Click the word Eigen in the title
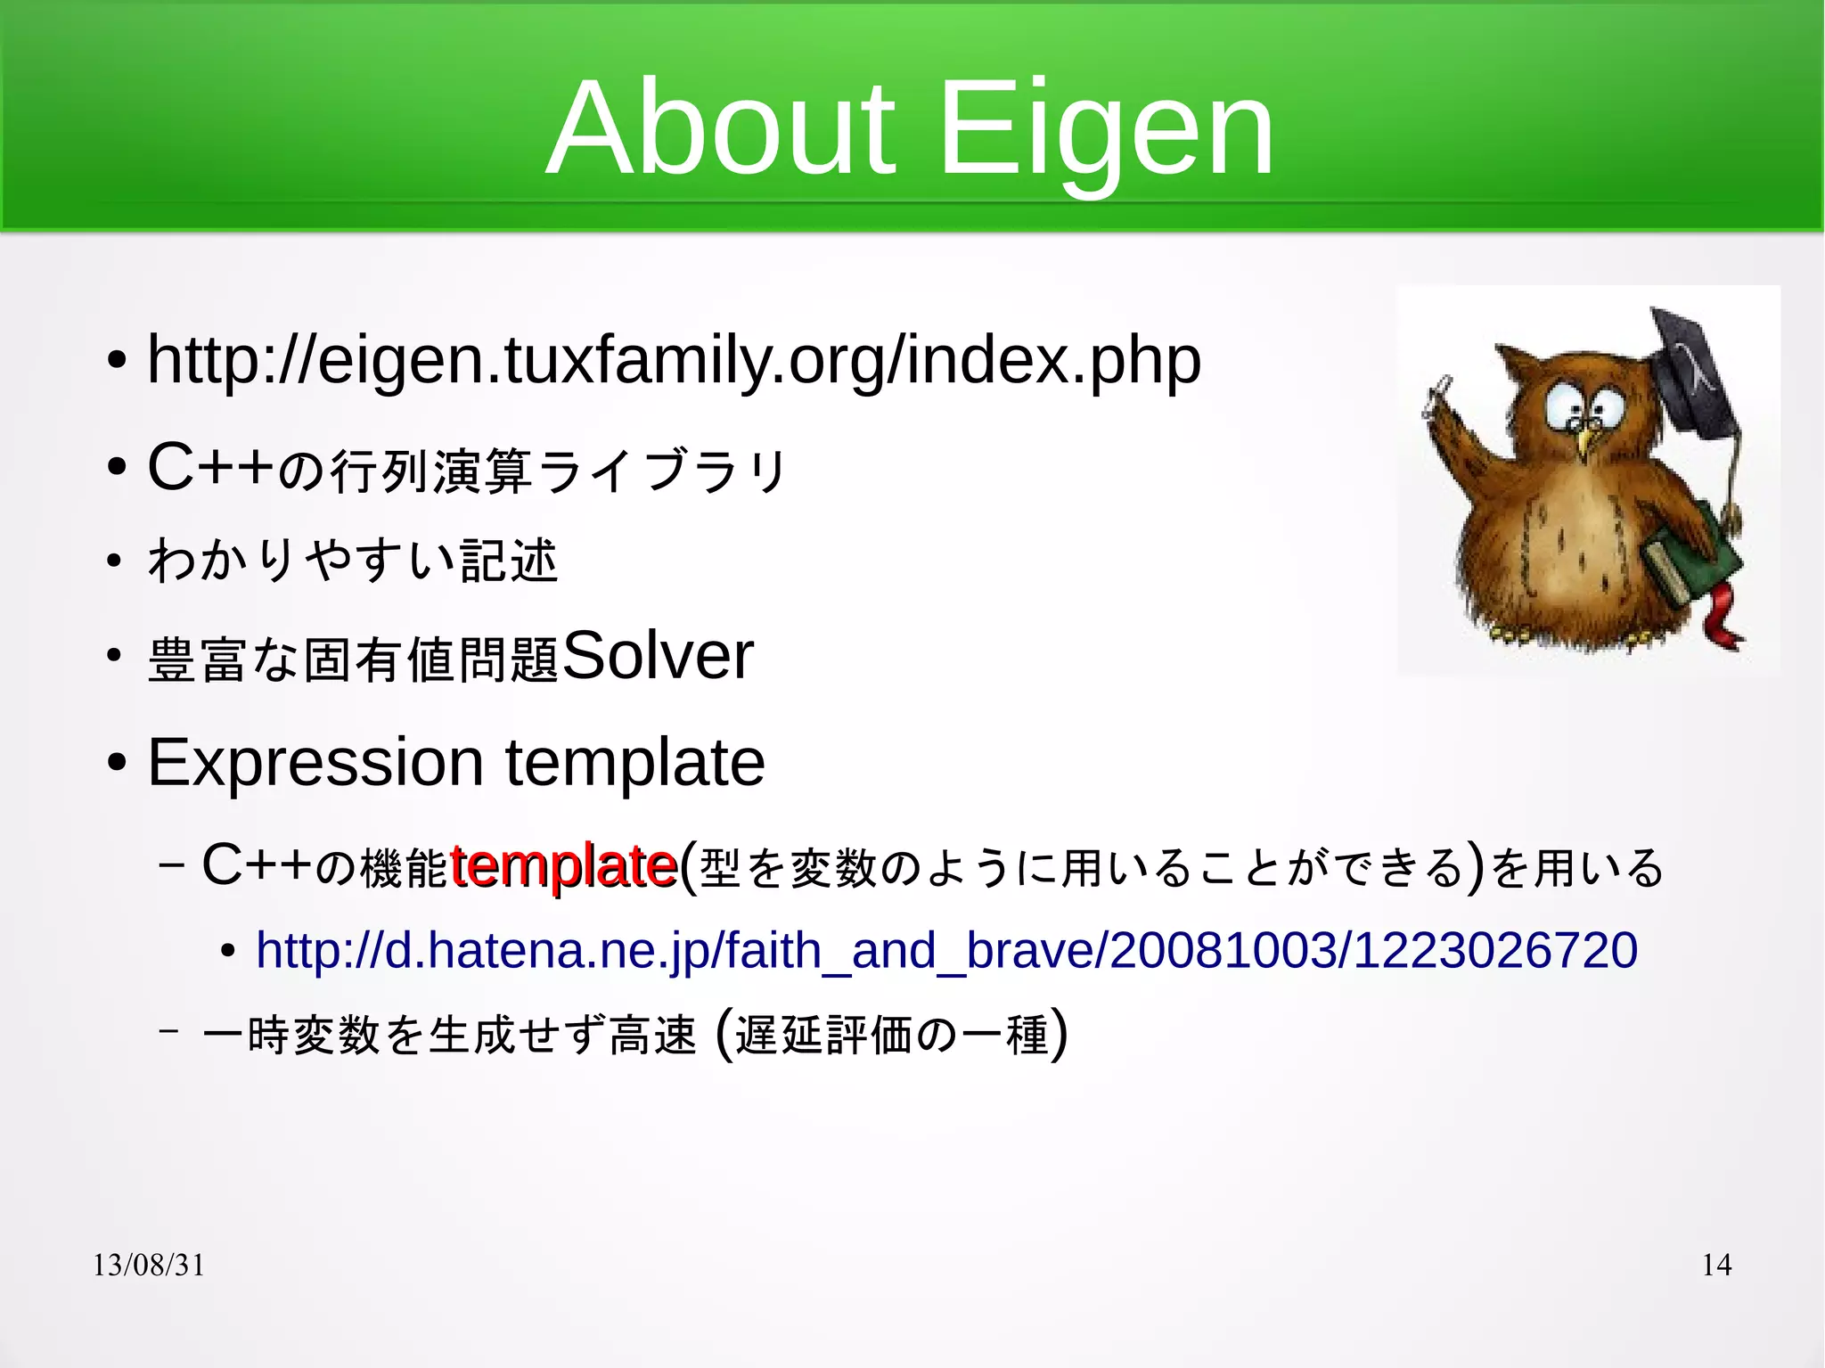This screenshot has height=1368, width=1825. tap(1105, 132)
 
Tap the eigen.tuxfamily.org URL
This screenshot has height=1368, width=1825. tap(674, 361)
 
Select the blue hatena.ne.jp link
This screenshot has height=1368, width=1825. tap(946, 950)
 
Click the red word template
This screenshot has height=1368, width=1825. tap(563, 865)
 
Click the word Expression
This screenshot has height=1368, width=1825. tap(315, 763)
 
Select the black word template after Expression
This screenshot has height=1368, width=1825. tap(634, 763)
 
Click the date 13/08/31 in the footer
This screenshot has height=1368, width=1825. tap(149, 1265)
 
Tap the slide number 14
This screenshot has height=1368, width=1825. tap(1716, 1265)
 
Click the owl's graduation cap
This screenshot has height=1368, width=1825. tap(1689, 374)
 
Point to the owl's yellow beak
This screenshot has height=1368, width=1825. tap(1584, 441)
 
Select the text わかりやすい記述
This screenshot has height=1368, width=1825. tap(353, 561)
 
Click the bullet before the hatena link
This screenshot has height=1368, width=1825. tap(228, 952)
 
